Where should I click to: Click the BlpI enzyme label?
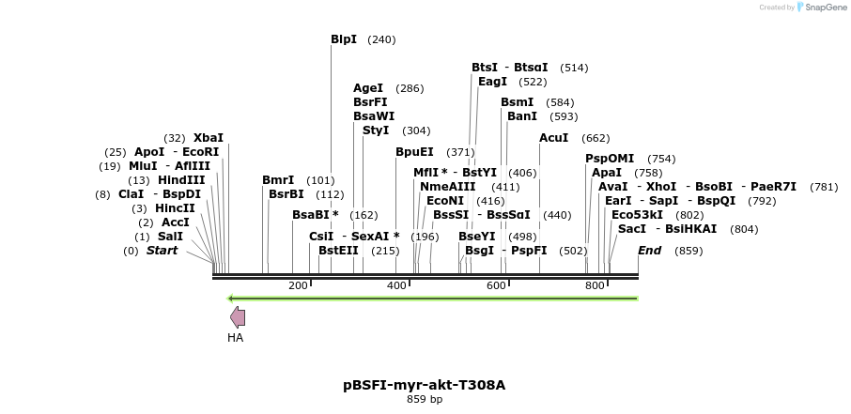344,39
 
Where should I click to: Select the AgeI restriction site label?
369,88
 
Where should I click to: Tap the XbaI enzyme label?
208,138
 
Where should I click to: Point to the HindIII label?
180,180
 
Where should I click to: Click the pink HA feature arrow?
238,317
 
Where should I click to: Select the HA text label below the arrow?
235,338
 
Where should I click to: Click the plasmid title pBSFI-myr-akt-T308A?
425,385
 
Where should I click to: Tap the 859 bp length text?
425,400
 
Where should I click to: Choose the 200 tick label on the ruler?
298,285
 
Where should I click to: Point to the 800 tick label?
594,285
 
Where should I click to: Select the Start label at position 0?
162,251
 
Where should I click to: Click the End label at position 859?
649,251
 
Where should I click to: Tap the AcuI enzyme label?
553,138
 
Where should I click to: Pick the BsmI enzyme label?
517,102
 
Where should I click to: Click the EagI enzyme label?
492,82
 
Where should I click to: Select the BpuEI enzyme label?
414,152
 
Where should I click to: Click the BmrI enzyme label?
278,180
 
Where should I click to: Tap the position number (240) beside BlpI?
381,39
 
